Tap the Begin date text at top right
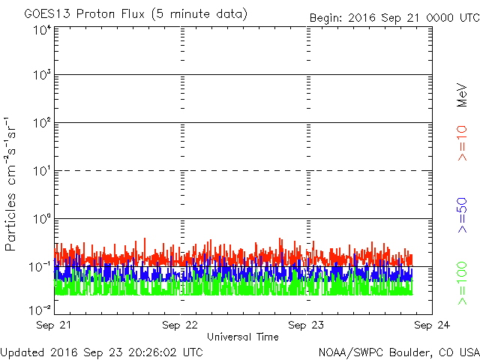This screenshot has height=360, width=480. pyautogui.click(x=394, y=18)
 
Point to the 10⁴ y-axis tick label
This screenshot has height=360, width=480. pyautogui.click(x=42, y=31)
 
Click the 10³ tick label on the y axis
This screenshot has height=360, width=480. pyautogui.click(x=42, y=75)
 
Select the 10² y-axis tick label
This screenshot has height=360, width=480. pyautogui.click(x=42, y=123)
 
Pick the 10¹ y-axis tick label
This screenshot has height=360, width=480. pyautogui.click(x=42, y=171)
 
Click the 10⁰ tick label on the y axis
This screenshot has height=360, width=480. pyautogui.click(x=42, y=219)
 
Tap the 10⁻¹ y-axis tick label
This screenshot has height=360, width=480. pyautogui.click(x=40, y=267)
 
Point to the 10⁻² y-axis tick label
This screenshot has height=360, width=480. pyautogui.click(x=40, y=310)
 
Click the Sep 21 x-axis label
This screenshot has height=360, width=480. pyautogui.click(x=53, y=325)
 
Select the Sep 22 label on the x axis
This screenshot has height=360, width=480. pyautogui.click(x=180, y=325)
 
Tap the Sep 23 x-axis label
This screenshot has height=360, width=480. pyautogui.click(x=306, y=325)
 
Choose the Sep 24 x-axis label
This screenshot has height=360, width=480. pyautogui.click(x=432, y=325)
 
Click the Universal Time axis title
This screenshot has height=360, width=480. pyautogui.click(x=243, y=337)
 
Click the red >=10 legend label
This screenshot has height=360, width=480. pyautogui.click(x=463, y=143)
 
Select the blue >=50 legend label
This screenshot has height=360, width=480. pyautogui.click(x=463, y=215)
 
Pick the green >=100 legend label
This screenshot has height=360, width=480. pyautogui.click(x=463, y=283)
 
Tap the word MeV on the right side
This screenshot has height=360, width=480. pyautogui.click(x=462, y=95)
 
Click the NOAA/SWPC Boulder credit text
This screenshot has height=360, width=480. pyautogui.click(x=399, y=352)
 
